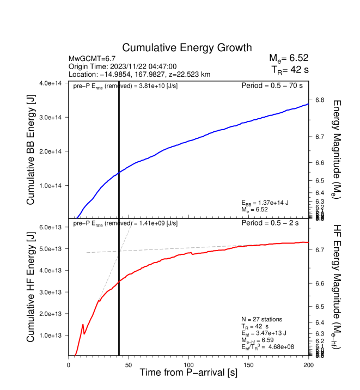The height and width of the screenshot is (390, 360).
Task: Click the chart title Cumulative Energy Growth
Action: (187, 48)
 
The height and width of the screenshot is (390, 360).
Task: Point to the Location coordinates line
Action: (139, 74)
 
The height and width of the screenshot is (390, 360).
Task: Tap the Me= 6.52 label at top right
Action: (289, 58)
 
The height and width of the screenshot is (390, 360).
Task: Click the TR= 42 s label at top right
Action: (290, 70)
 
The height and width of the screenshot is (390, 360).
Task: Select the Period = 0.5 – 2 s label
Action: (275, 223)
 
